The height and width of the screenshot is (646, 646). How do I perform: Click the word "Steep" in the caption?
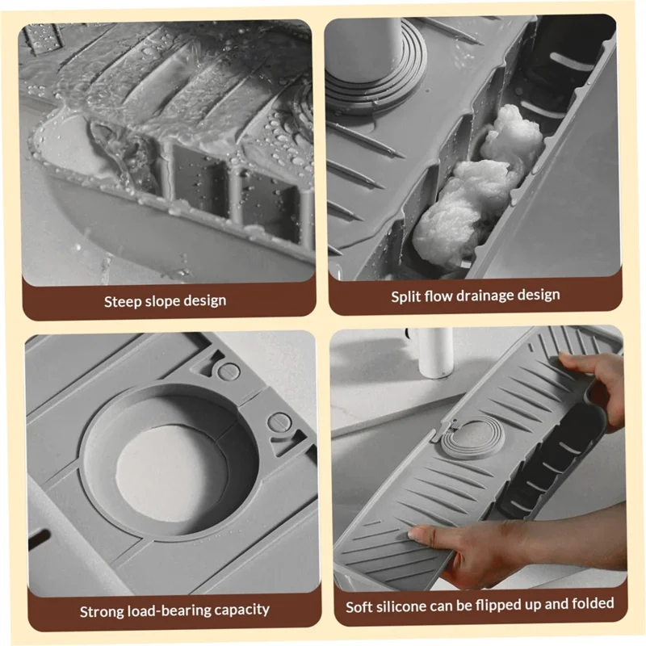click(124, 301)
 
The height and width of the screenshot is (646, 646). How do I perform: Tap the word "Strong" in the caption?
click(102, 610)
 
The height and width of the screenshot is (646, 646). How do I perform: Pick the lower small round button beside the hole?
click(278, 422)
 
